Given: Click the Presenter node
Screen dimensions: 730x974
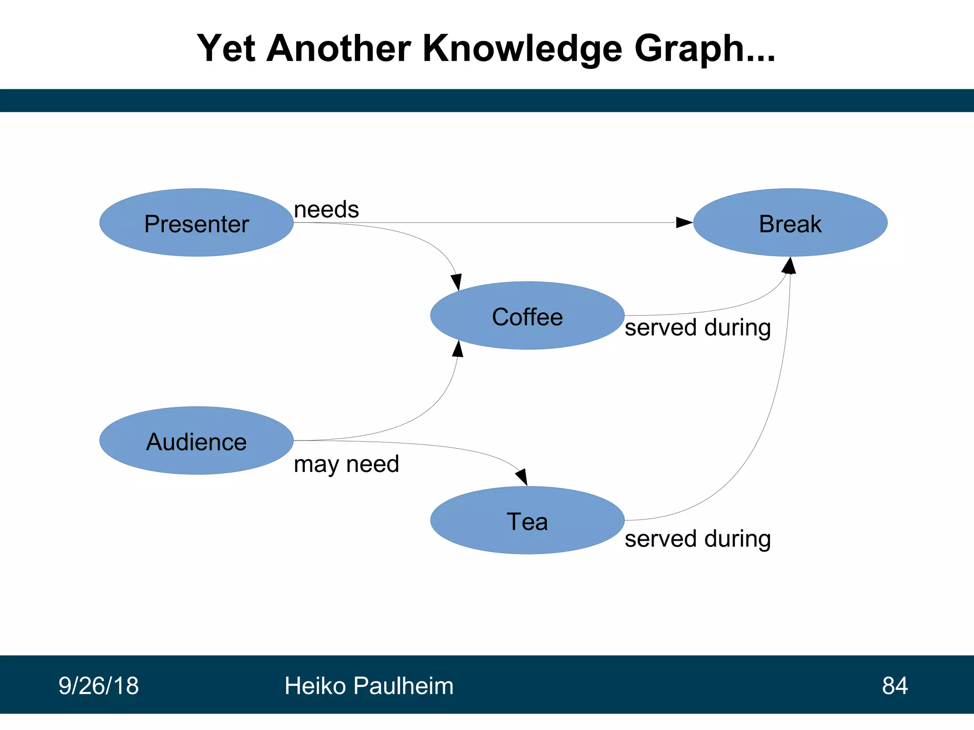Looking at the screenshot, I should [x=196, y=223].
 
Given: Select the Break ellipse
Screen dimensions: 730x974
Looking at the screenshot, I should [x=790, y=223].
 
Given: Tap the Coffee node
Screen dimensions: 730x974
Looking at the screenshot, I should [x=527, y=316].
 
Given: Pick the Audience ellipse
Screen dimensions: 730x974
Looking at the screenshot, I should [x=196, y=441].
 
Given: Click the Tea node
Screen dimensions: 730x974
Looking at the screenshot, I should [x=527, y=520].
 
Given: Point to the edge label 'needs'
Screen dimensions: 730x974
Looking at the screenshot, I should [x=326, y=210].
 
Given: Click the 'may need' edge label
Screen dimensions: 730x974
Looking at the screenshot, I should [x=346, y=464].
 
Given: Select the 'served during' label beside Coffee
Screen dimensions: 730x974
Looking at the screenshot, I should [x=697, y=328].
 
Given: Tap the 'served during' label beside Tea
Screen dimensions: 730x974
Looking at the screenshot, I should [x=697, y=539].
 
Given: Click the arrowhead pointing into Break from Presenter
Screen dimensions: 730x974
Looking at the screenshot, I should [x=684, y=222].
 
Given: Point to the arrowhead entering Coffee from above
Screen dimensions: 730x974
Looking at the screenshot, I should [x=457, y=282].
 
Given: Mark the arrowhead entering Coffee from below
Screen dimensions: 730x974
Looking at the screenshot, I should [x=458, y=349].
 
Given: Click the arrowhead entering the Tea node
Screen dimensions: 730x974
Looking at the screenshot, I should [x=522, y=477].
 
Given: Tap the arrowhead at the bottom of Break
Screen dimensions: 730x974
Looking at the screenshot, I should [x=789, y=266].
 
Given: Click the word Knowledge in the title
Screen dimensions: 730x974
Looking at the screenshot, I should [x=522, y=48].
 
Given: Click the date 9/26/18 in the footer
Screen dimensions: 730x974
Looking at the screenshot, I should [x=98, y=685].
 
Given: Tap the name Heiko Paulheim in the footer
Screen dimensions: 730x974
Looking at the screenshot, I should [x=369, y=685].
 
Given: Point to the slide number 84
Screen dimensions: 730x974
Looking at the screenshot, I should [x=895, y=685].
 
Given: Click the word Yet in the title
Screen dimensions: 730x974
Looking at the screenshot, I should [x=226, y=48].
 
